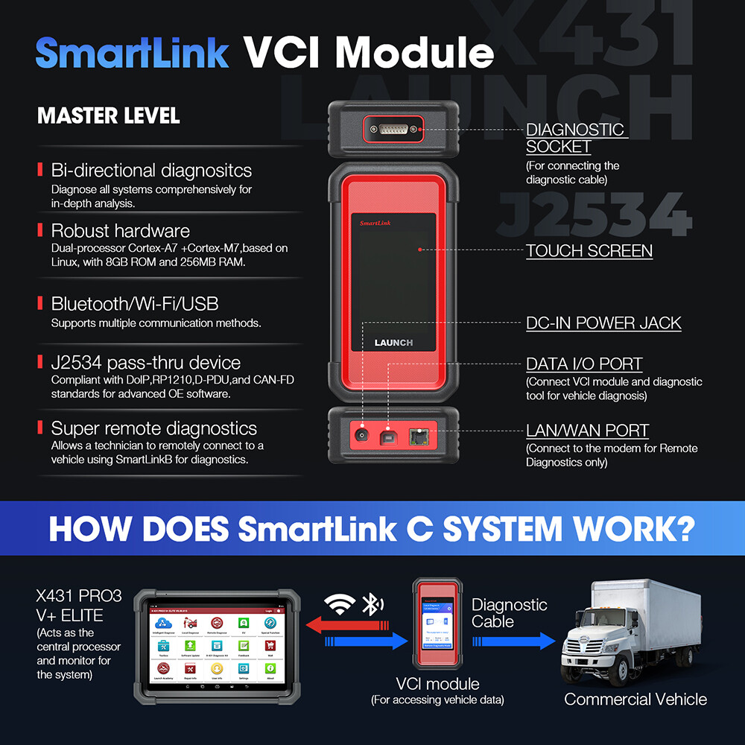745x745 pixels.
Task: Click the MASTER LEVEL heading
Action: coord(108,116)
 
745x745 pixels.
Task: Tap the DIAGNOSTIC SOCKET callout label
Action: coord(576,138)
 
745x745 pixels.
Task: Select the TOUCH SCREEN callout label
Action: coord(589,251)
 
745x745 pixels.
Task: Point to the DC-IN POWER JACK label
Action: coord(603,323)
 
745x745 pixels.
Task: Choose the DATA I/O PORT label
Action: coord(584,364)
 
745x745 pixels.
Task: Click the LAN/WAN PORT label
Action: coord(587,431)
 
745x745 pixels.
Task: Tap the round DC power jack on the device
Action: coord(363,434)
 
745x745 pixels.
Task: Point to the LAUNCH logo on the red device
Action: coord(393,343)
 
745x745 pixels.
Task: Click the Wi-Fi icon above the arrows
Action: coord(340,606)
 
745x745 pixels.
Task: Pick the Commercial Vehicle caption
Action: coord(635,699)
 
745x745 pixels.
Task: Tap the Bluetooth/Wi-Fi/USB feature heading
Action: coord(134,303)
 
